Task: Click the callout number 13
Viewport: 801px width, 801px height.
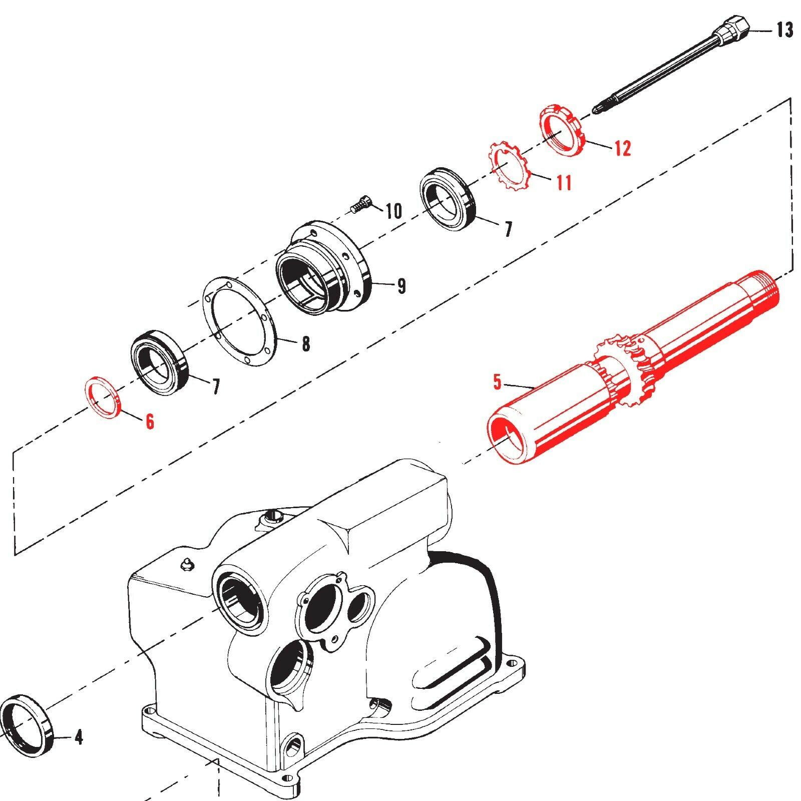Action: pos(784,31)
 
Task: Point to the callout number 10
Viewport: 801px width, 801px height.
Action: pos(394,211)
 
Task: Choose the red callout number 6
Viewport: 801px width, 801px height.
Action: pos(149,422)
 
